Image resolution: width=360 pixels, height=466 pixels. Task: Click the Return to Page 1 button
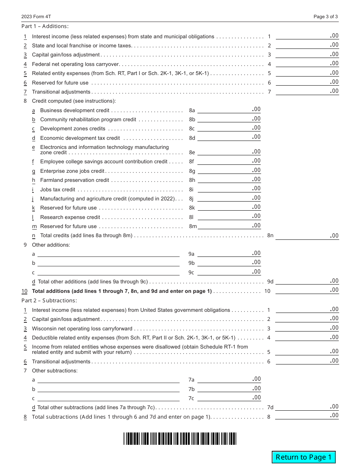tap(304, 457)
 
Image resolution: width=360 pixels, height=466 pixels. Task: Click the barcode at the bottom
tap(180, 438)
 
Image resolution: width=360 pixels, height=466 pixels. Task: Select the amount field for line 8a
tap(229, 110)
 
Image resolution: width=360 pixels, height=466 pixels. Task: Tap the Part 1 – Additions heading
tap(45, 26)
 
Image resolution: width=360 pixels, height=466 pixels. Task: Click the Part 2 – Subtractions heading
tap(49, 300)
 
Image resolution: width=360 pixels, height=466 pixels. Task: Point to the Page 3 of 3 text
tap(326, 17)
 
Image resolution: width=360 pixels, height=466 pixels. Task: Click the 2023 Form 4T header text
tap(36, 17)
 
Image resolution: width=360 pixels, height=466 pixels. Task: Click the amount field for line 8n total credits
tap(307, 236)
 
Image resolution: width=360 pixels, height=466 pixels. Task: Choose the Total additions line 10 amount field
tap(307, 291)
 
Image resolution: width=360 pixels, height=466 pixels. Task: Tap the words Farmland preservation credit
tap(74, 180)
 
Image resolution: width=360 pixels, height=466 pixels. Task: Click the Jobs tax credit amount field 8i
tap(229, 189)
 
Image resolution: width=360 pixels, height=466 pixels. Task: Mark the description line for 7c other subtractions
tap(108, 398)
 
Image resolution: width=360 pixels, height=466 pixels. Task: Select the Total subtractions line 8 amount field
tap(307, 416)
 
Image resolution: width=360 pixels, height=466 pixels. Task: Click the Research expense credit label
tap(70, 217)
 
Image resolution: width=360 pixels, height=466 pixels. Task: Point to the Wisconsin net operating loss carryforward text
tap(82, 328)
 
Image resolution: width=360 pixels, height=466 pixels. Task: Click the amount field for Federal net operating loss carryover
tap(307, 64)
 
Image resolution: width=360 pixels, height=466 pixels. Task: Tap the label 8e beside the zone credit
tap(192, 153)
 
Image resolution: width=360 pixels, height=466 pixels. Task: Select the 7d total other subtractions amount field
tap(307, 407)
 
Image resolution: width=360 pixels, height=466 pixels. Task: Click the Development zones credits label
tap(72, 129)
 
